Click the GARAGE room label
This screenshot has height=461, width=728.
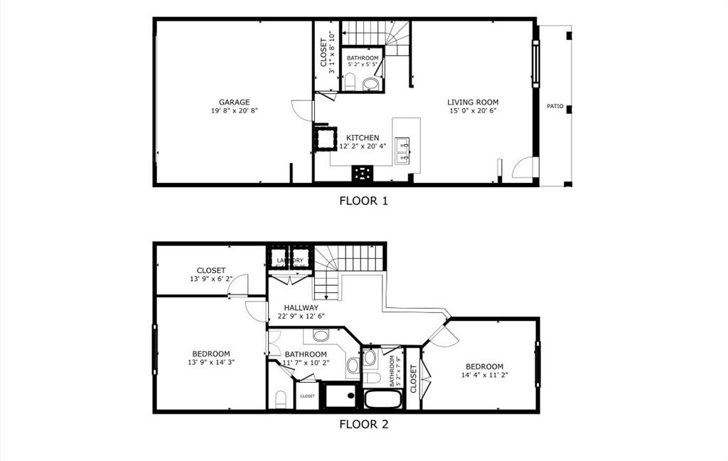click(234, 102)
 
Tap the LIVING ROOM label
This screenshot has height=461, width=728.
click(473, 102)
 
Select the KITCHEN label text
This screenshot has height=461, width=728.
click(363, 138)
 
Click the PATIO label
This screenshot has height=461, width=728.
click(555, 107)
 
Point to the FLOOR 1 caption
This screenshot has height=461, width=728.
click(363, 201)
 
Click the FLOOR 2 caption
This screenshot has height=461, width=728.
click(363, 425)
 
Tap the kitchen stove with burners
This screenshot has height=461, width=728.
click(363, 173)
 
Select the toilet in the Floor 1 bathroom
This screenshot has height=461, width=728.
click(370, 85)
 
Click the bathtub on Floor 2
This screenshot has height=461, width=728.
click(383, 398)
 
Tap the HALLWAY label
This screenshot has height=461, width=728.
click(301, 308)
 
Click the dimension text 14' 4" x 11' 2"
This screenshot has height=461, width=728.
click(483, 375)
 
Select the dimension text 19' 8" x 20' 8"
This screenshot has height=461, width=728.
click(234, 111)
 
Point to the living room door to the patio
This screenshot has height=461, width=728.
click(523, 167)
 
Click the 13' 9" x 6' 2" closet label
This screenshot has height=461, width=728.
click(211, 278)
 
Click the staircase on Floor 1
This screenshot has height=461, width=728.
click(375, 33)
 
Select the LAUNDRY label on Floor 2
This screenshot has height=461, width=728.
click(290, 260)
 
